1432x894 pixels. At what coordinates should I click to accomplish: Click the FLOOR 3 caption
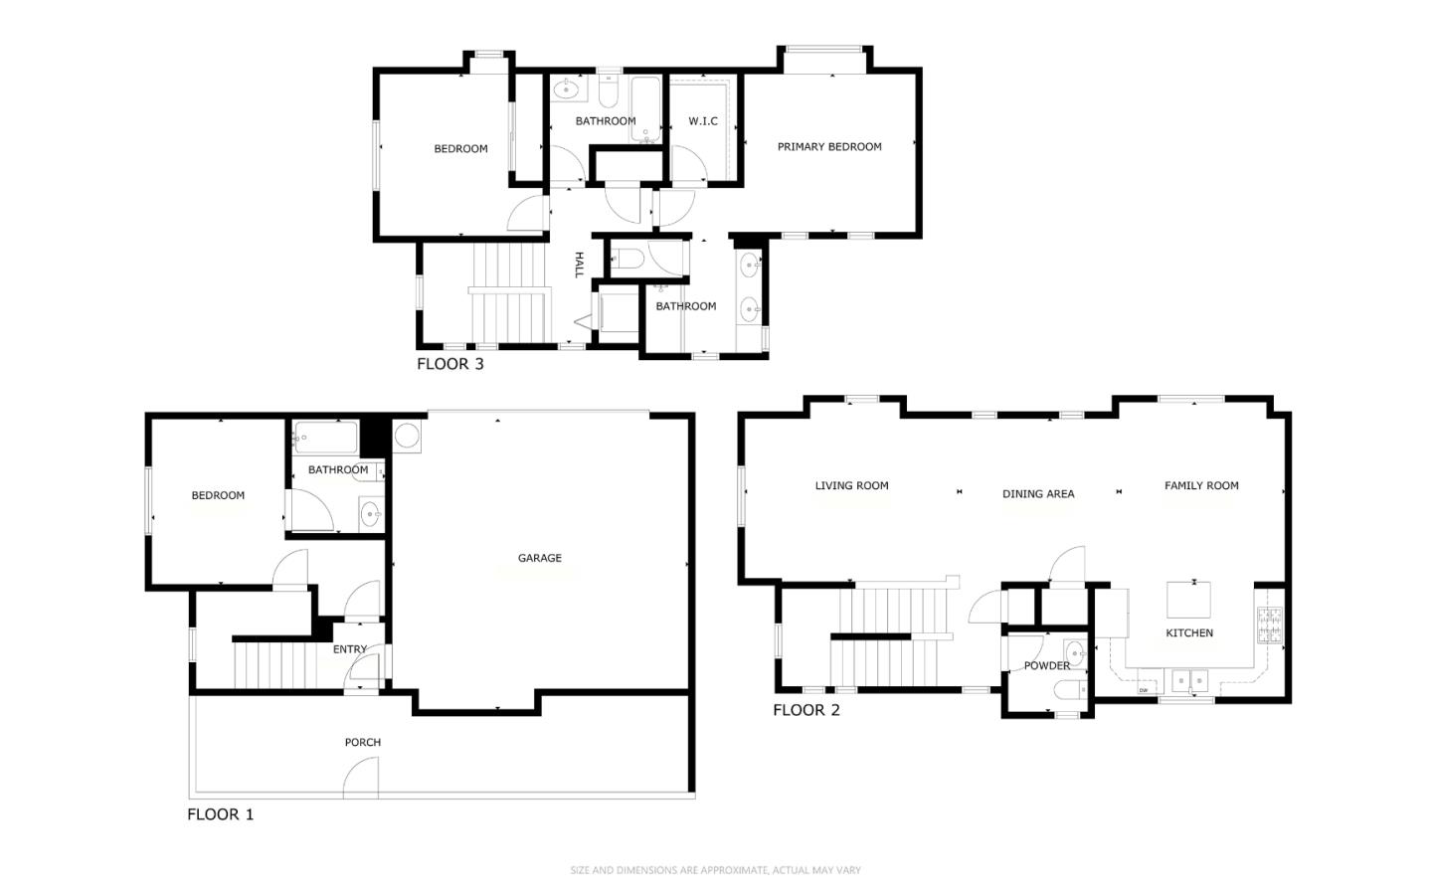449,364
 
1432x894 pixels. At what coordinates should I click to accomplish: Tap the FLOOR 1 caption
220,814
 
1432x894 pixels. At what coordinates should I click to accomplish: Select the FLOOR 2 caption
805,710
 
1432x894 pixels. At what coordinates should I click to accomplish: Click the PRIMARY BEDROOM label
828,147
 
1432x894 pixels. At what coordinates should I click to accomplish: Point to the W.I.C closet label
702,121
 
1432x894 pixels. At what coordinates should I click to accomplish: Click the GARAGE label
539,559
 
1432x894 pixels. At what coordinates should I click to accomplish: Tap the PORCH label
362,743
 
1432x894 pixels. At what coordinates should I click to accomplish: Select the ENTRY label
349,649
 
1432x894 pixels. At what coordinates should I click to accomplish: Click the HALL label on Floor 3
578,265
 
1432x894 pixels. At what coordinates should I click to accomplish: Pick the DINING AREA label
1037,494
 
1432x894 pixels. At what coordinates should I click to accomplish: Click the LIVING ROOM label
851,486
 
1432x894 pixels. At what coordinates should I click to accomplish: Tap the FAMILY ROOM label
1200,486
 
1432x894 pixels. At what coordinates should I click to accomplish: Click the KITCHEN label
1188,633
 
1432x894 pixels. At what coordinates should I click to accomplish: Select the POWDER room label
1046,666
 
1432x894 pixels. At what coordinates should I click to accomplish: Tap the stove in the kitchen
1269,625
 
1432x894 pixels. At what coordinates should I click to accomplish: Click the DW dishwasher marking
1144,690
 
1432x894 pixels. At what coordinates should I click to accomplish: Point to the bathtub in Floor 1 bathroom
325,438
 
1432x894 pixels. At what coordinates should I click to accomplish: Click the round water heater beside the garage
407,436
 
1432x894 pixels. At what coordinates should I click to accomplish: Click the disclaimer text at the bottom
715,871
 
